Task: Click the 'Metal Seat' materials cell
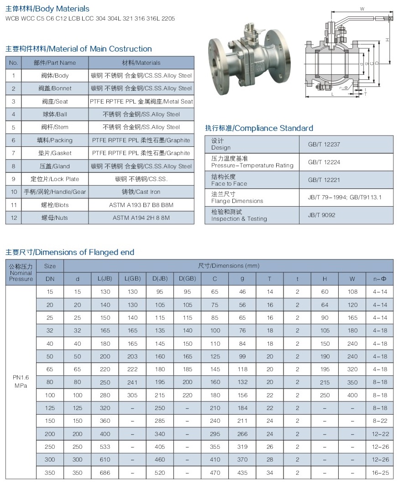(142, 101)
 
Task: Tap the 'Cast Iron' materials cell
(142, 192)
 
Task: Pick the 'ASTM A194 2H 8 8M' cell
(142, 218)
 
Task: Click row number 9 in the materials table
(14, 179)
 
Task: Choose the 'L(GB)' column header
(132, 279)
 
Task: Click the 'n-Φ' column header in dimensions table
(380, 279)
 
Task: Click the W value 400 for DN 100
(352, 395)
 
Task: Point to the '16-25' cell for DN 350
(380, 473)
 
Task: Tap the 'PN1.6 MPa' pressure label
(21, 382)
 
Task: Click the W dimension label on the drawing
(362, 9)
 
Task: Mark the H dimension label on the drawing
(387, 40)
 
